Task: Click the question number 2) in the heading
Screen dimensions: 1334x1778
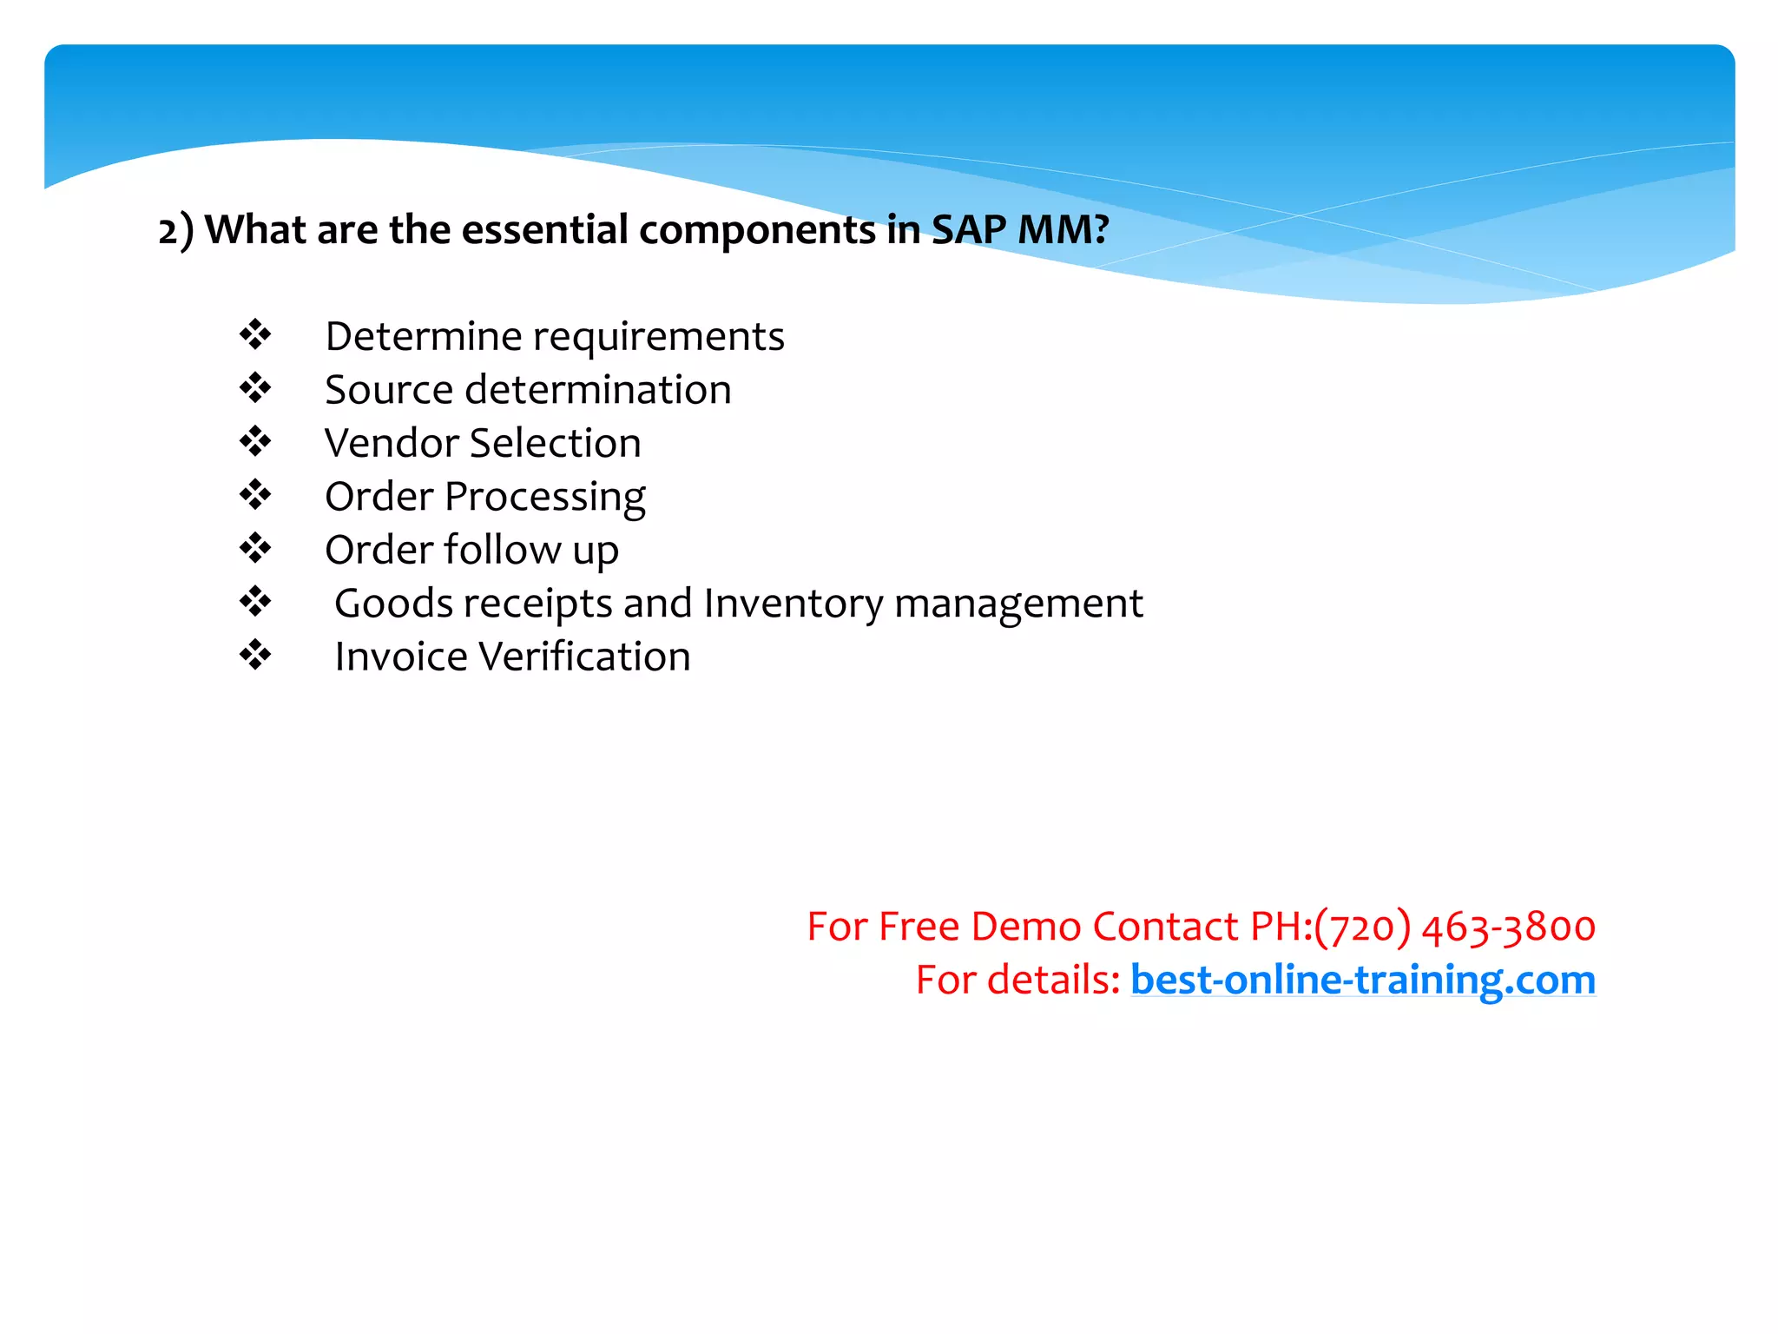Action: tap(176, 230)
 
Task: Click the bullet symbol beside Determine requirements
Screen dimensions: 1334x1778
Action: tap(255, 334)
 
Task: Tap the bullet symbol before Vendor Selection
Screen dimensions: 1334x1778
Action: tap(255, 441)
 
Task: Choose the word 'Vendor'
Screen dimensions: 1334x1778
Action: tap(391, 443)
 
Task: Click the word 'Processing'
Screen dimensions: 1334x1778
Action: tap(545, 498)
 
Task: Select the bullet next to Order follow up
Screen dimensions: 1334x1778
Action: tap(255, 548)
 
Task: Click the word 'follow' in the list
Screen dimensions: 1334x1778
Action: tap(503, 550)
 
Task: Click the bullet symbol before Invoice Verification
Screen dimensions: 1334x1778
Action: tap(255, 655)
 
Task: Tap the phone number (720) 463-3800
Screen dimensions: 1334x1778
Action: tap(1454, 927)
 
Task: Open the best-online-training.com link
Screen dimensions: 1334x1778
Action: tap(1362, 980)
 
